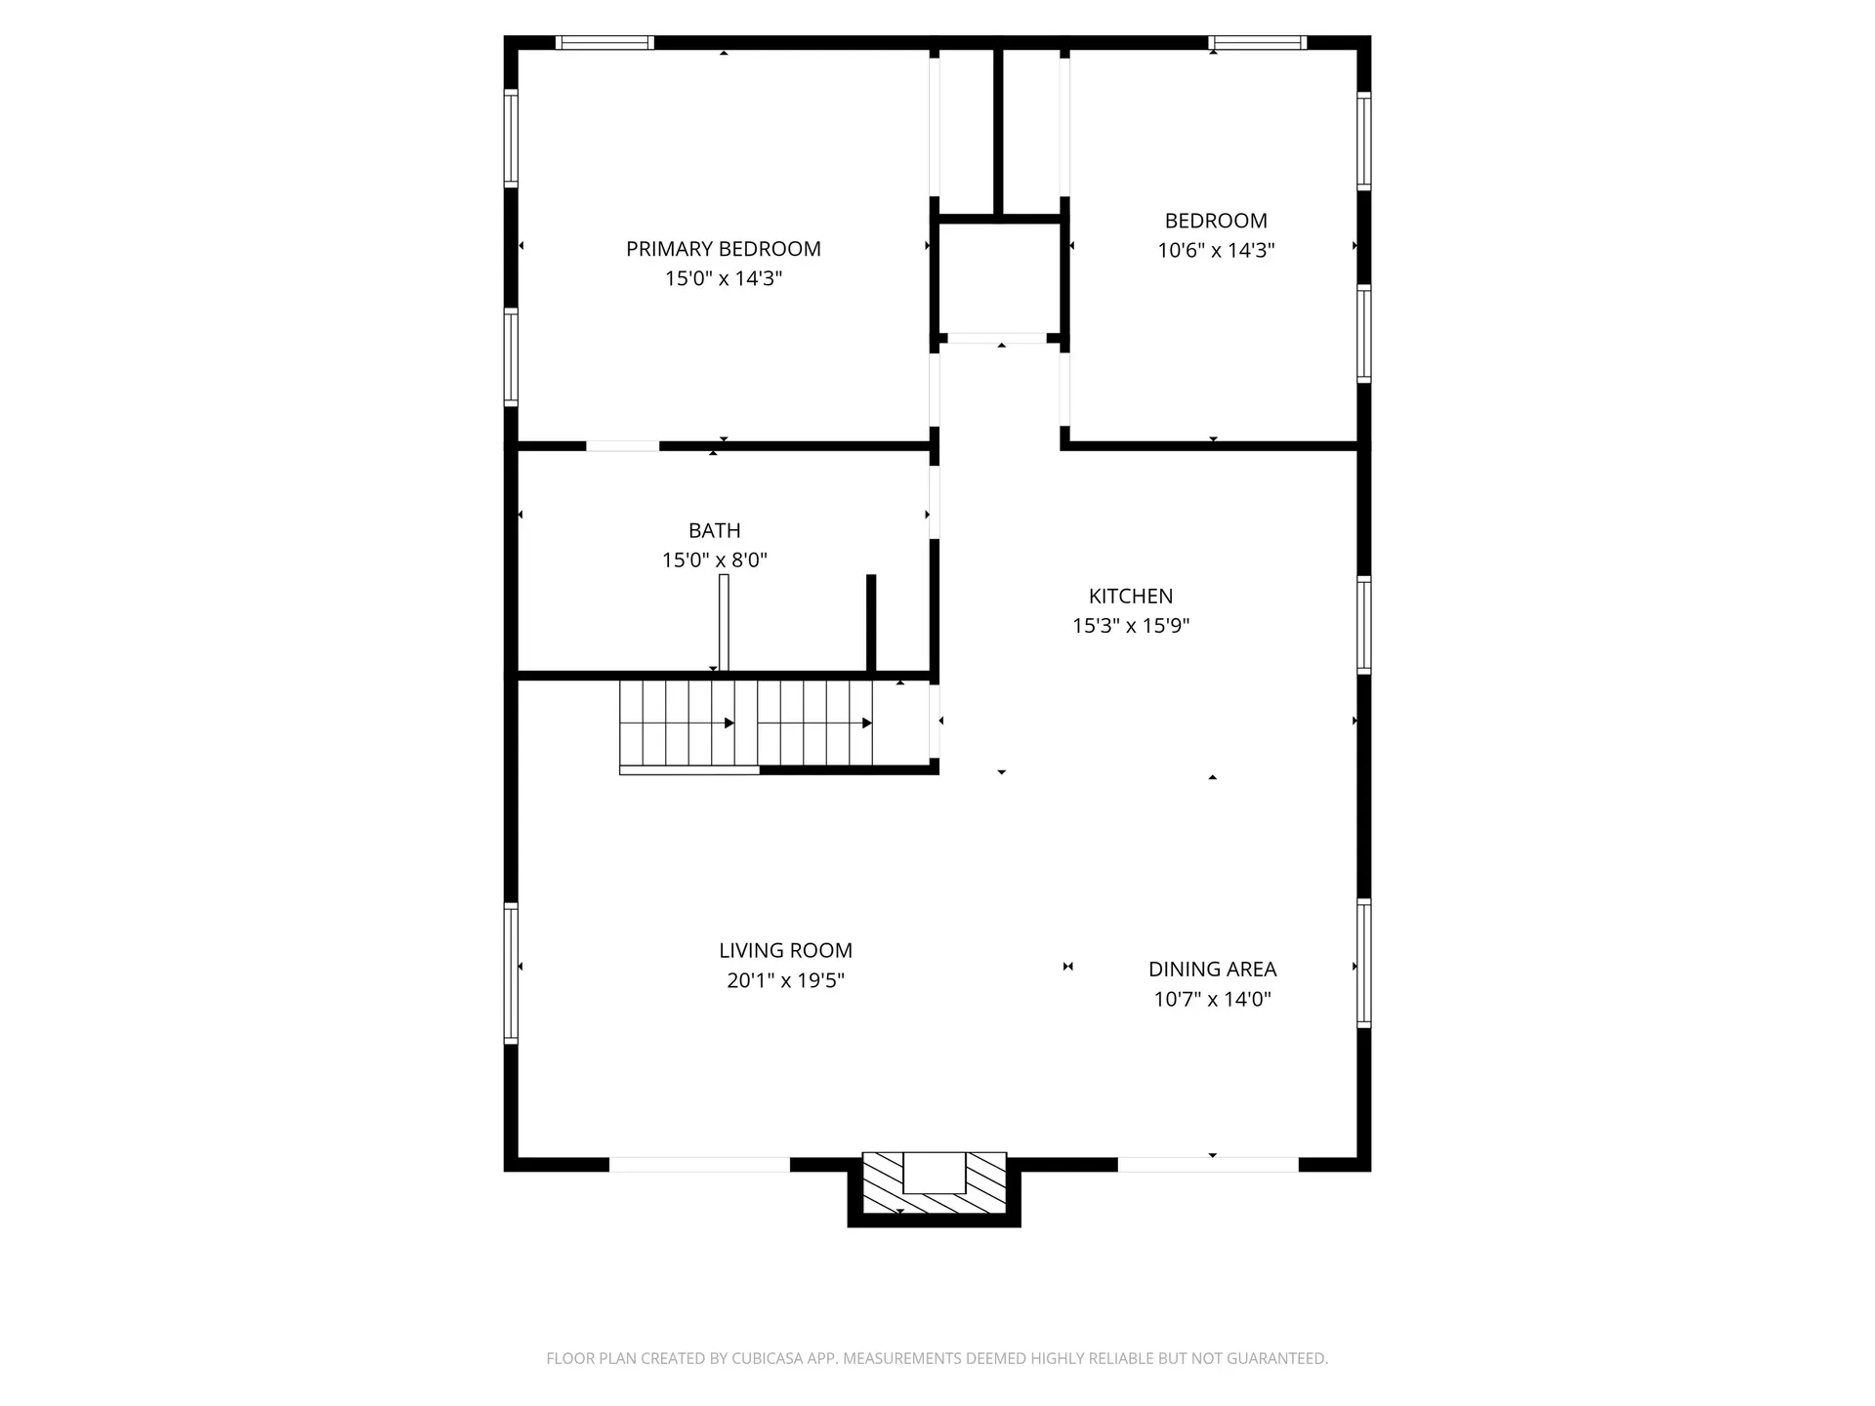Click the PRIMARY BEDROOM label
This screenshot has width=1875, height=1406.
pos(723,249)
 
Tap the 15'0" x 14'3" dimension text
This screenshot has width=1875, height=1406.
pos(723,279)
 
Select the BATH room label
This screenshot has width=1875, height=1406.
pos(714,530)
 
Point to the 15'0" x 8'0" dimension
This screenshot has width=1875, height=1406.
pos(714,560)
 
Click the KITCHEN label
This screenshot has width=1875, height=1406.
pos(1130,596)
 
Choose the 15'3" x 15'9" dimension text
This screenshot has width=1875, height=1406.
pos(1130,626)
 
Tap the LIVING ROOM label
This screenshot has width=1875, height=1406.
pos(785,950)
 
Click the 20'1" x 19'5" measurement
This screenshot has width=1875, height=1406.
pos(785,980)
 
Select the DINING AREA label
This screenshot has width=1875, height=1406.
pos(1212,969)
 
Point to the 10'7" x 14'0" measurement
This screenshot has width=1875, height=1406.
pos(1212,999)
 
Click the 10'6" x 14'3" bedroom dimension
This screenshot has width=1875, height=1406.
pos(1216,250)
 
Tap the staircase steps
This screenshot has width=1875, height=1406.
pos(746,723)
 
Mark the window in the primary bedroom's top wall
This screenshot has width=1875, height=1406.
pos(604,42)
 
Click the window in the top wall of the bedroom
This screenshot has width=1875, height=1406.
pos(1257,42)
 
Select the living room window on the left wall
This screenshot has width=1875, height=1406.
pos(510,972)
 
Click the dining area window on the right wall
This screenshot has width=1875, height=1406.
pos(1364,962)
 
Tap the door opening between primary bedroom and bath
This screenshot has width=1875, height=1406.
pos(622,446)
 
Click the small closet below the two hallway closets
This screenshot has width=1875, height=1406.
pos(999,278)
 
